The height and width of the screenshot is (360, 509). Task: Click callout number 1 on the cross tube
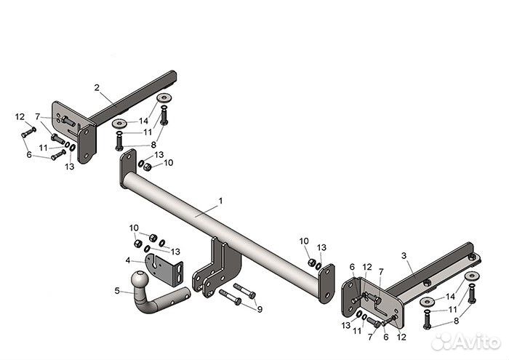pos(221,200)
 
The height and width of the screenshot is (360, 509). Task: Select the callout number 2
pos(96,87)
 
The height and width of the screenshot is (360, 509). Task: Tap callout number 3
pos(404,256)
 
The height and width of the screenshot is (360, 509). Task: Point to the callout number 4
pos(128,260)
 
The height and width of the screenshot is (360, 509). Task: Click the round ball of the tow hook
pos(139,281)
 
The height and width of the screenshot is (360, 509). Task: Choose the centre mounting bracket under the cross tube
pos(215,265)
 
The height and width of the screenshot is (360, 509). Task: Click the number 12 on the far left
pos(20,116)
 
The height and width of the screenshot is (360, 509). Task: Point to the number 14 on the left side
pos(144,120)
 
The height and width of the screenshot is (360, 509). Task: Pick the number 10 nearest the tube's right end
pos(303,241)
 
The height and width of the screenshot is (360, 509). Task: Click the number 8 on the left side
pos(153,145)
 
